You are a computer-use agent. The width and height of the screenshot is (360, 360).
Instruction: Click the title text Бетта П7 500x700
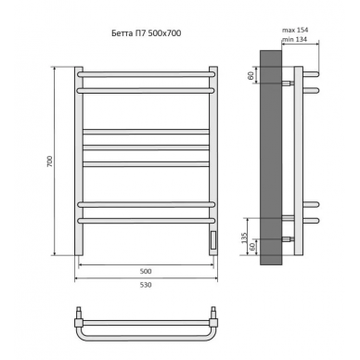point(147,33)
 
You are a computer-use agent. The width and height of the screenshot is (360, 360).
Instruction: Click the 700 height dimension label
point(50,161)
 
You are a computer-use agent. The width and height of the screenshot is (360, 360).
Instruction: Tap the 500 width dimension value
point(146,271)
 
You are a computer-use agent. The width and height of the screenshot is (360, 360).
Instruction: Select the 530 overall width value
point(146,285)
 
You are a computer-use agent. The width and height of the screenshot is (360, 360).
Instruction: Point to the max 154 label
point(295,30)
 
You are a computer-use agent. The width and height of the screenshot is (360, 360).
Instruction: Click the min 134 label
point(294,39)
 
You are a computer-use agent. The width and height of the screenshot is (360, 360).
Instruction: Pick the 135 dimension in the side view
point(244,238)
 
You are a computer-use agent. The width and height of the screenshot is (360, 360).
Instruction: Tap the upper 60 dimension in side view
point(251,75)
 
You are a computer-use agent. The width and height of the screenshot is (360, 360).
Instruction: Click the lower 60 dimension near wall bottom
point(252,247)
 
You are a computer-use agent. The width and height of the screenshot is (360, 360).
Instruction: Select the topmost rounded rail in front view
point(147,74)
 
